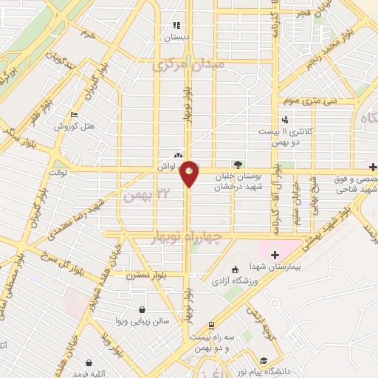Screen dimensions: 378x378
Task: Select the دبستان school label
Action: coord(176,35)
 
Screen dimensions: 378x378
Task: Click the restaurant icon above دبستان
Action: coord(176,25)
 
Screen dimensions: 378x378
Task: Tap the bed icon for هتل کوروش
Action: coord(73,115)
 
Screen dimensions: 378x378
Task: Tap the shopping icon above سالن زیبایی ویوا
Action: coord(141,310)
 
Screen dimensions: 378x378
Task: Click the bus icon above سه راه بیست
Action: coord(211,324)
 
